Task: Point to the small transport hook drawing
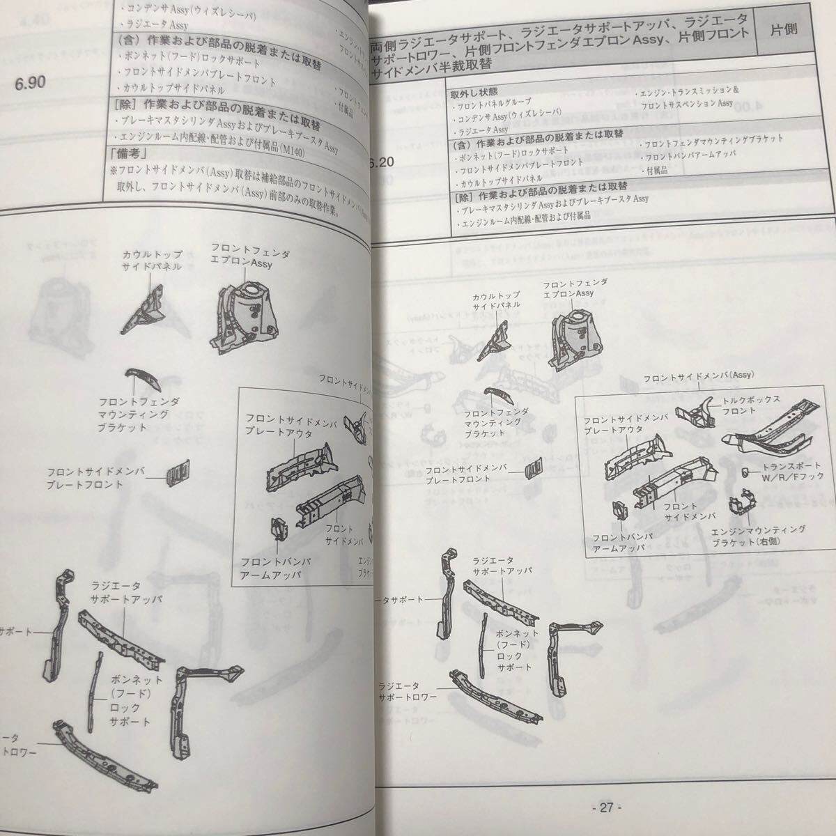[745, 473]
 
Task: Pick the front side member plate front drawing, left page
[177, 472]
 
